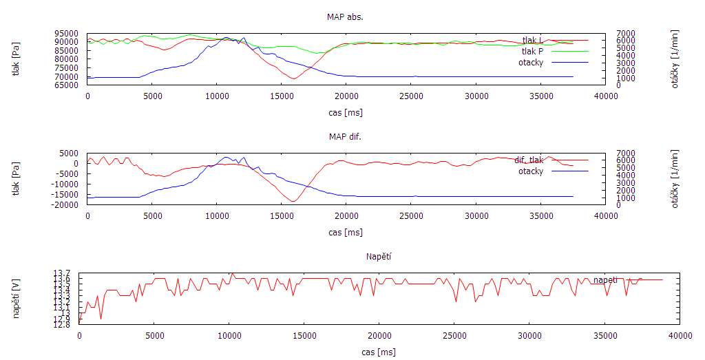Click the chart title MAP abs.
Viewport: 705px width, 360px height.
click(345, 17)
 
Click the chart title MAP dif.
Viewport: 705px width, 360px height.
click(345, 136)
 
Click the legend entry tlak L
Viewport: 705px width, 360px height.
click(532, 40)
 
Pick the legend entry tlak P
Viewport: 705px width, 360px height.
click(532, 51)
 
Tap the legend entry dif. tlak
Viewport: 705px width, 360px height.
click(528, 160)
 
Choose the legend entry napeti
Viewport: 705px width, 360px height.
click(605, 279)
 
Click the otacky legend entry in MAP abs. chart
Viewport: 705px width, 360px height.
click(531, 62)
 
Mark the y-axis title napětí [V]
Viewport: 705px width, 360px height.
click(17, 299)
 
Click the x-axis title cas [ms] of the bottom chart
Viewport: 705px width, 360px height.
click(378, 352)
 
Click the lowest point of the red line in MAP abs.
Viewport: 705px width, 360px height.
click(294, 78)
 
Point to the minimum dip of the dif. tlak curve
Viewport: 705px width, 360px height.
click(293, 202)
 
